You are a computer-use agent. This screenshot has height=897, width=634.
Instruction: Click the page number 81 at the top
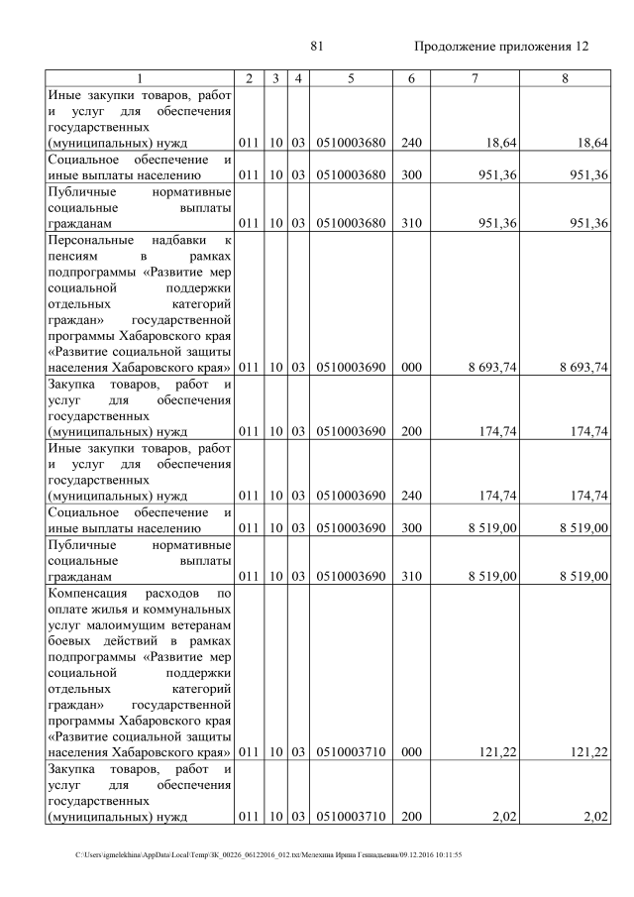pos(317,47)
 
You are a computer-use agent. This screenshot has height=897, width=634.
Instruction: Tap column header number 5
pos(350,77)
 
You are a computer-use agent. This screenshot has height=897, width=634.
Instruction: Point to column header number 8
pos(564,77)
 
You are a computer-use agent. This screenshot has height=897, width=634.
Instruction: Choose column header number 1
pos(140,77)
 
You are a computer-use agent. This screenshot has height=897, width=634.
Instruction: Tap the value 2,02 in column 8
pos(594,817)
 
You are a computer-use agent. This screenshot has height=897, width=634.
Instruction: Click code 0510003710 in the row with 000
pos(350,752)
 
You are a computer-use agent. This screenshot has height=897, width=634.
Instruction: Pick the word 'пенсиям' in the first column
pos(72,256)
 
